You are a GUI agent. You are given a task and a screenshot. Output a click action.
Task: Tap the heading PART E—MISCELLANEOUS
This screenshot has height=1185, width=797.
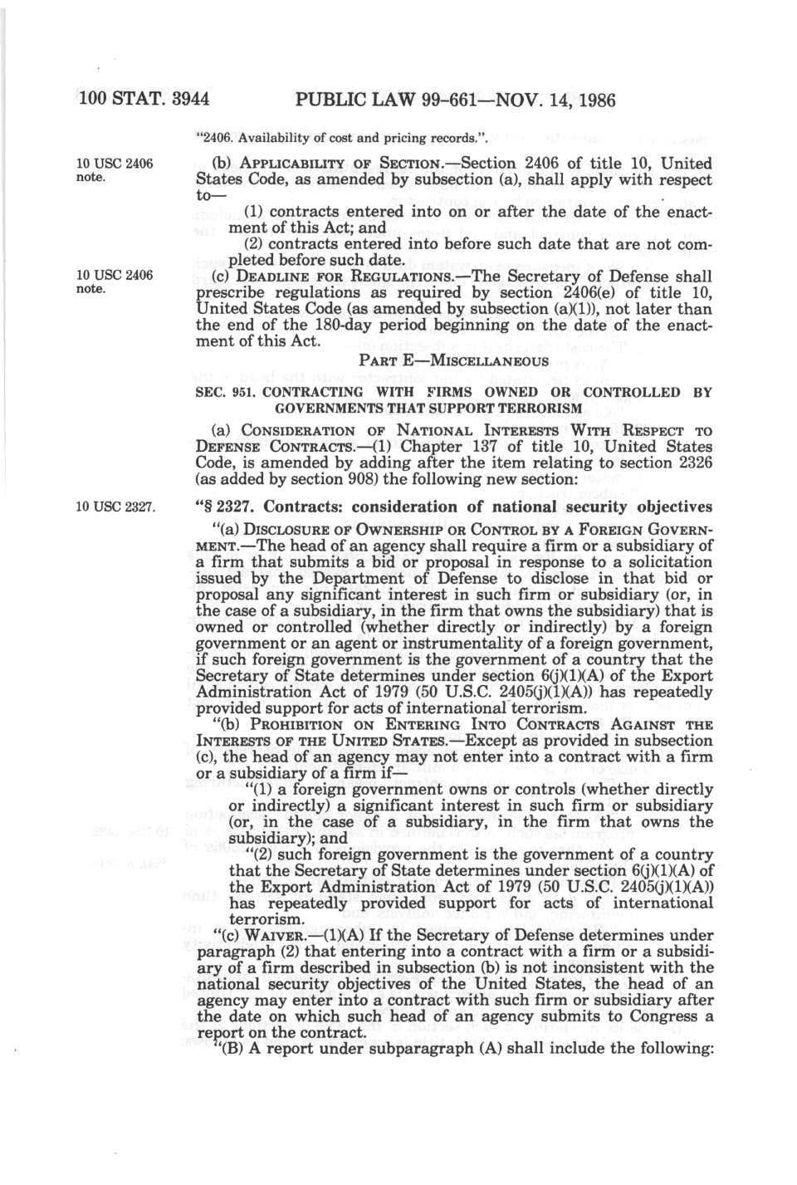point(453,361)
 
